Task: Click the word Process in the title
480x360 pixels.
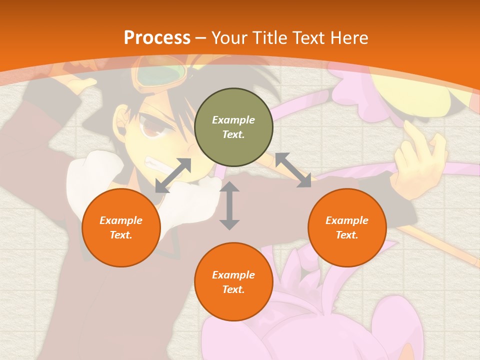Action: (157, 38)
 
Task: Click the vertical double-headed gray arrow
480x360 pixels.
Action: (229, 205)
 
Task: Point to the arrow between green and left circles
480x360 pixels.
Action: (173, 175)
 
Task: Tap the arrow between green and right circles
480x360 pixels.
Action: (293, 170)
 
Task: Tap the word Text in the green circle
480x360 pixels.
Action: (233, 134)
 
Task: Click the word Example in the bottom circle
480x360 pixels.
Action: (233, 275)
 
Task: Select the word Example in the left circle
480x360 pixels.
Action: (121, 220)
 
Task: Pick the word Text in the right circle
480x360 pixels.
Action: (347, 235)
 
